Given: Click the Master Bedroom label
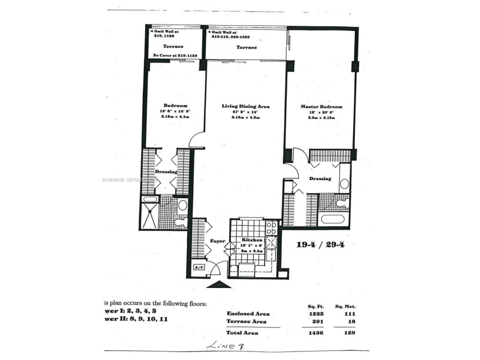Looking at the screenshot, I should (x=321, y=107).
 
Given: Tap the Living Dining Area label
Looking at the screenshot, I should (x=246, y=106).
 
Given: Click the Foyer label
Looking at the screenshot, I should (x=218, y=241).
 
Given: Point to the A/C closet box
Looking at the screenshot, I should (x=199, y=267).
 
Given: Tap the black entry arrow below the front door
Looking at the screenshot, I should (x=219, y=284).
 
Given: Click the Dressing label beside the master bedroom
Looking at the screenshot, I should (x=320, y=179).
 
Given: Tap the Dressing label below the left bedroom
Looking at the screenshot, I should (x=166, y=171).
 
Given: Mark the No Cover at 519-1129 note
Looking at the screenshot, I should (x=174, y=55).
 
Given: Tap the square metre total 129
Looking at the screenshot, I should (x=346, y=333).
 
